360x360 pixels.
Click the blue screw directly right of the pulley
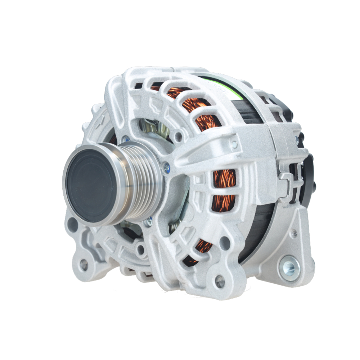tap(166, 167)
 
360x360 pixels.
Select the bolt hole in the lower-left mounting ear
tap(84, 265)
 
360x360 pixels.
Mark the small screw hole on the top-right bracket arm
tap(235, 145)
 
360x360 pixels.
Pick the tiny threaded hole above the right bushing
tap(294, 233)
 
